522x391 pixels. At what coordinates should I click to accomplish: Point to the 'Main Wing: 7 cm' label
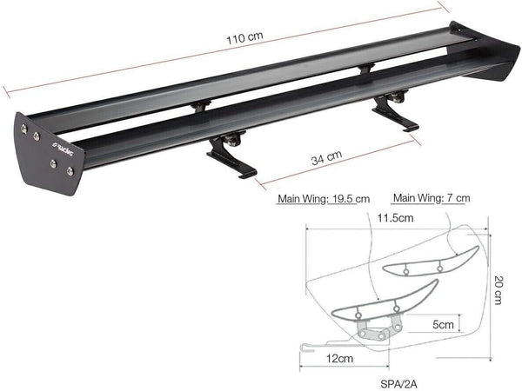pos(432,198)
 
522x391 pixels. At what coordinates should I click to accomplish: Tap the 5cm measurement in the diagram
pos(443,324)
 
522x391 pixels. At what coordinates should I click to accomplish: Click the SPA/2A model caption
pos(392,379)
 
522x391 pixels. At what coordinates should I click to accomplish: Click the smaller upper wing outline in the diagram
pos(434,258)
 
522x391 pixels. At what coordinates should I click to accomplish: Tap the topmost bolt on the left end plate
pos(24,128)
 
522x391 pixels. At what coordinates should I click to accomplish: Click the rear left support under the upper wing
pos(201,105)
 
